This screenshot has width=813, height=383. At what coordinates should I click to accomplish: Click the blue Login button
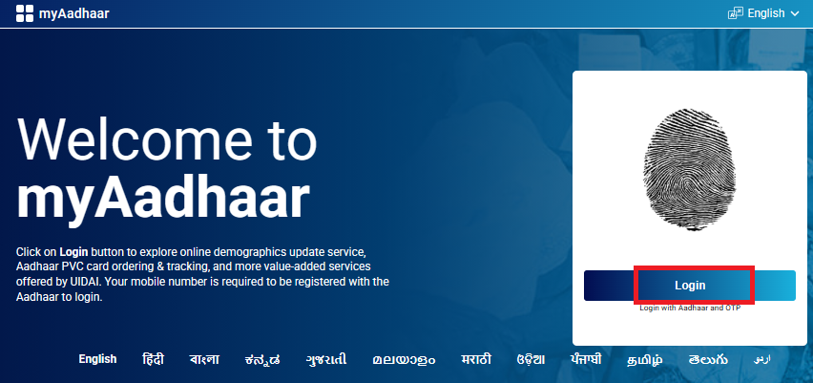click(x=689, y=286)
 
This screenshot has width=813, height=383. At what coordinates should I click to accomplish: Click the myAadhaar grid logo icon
click(x=25, y=13)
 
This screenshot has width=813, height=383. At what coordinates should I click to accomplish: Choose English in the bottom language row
click(x=97, y=359)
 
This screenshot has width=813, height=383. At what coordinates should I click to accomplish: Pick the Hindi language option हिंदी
click(x=153, y=359)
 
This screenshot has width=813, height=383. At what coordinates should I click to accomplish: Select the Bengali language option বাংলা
click(x=203, y=359)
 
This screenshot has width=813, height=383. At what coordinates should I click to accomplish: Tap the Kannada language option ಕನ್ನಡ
click(x=261, y=359)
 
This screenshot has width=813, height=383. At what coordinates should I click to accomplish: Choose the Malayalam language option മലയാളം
click(x=405, y=359)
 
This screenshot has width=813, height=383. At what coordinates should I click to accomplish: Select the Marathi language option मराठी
click(x=475, y=359)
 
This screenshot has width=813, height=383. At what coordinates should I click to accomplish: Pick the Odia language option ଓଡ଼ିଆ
click(x=531, y=359)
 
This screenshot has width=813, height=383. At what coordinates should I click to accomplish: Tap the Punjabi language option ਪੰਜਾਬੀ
click(x=585, y=359)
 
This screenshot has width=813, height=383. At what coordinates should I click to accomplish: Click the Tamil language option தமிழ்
click(x=646, y=359)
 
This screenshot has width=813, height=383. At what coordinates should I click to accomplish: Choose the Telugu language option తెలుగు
click(x=708, y=359)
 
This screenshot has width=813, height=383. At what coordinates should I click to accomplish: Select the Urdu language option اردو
click(x=761, y=359)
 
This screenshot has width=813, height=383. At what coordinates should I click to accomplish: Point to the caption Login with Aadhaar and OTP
click(x=689, y=309)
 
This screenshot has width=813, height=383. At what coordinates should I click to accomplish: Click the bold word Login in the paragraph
click(x=73, y=251)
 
